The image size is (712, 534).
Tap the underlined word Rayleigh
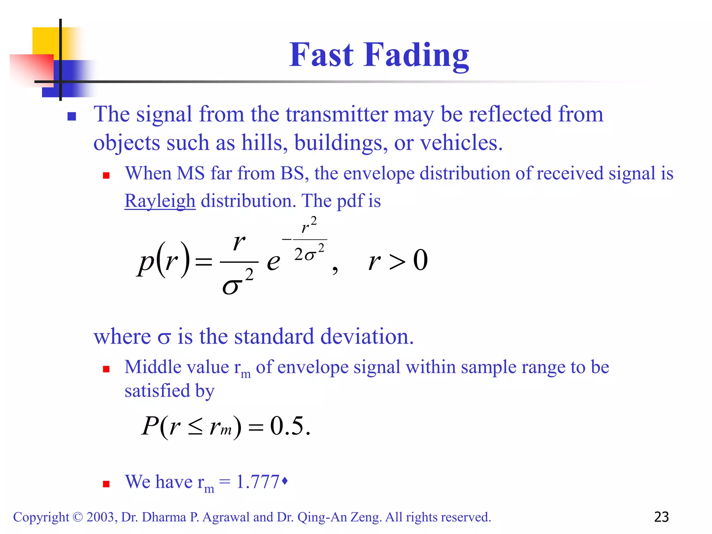[160, 201]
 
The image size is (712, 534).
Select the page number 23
[661, 517]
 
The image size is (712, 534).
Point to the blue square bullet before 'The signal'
[72, 116]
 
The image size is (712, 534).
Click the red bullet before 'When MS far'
[106, 176]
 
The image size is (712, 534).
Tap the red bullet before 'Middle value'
[106, 369]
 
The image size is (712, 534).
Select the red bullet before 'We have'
[106, 484]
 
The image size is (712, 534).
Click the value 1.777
[258, 482]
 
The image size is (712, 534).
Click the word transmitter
[336, 114]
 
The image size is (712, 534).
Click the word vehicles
[461, 143]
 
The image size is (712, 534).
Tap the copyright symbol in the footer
[78, 517]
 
